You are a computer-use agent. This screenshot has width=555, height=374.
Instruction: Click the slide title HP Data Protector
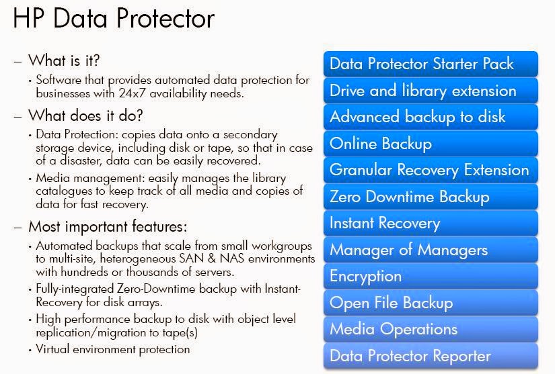[x=114, y=19]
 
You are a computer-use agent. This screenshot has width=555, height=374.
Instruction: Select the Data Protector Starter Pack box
[x=431, y=64]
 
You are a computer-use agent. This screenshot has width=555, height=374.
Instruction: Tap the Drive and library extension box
[x=431, y=91]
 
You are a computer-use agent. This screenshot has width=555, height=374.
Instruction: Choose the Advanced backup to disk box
[x=431, y=117]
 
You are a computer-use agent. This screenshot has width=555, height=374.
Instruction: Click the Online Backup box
[x=431, y=144]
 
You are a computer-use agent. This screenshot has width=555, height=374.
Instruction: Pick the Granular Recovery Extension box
[x=431, y=170]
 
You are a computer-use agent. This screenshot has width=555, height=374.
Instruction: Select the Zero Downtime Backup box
[x=431, y=197]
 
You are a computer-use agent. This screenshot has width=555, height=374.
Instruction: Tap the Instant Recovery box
[x=431, y=223]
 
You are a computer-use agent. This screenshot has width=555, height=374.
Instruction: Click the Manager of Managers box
[x=431, y=250]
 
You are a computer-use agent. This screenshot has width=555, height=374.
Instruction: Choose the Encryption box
[x=431, y=276]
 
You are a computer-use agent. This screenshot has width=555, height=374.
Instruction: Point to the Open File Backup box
[x=431, y=303]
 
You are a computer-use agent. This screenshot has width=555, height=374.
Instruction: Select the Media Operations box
[x=431, y=329]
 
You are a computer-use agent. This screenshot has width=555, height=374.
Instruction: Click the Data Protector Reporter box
[x=431, y=356]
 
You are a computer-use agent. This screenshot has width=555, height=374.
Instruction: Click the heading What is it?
[x=64, y=61]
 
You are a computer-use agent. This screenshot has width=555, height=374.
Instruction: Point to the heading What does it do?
[x=85, y=115]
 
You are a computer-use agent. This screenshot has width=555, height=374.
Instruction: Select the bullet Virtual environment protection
[x=112, y=349]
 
